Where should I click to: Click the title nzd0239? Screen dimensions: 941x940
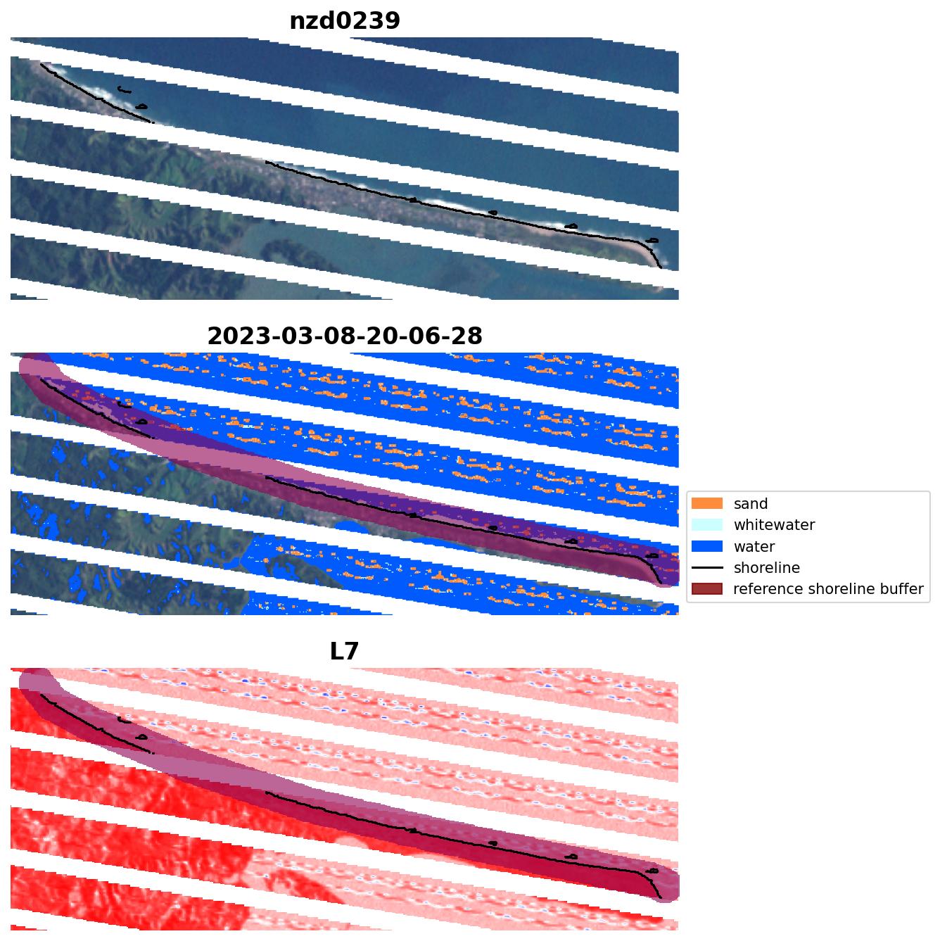(x=345, y=21)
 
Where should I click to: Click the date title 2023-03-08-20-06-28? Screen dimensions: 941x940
(x=345, y=336)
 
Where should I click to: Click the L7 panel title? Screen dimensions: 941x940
(x=345, y=652)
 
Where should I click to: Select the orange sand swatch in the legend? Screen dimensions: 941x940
(x=707, y=504)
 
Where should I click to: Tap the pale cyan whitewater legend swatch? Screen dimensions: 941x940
(x=707, y=525)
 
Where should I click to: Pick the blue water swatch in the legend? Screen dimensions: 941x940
(x=707, y=547)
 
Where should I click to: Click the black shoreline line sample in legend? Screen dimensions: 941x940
(x=707, y=568)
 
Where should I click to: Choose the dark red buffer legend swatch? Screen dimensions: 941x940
(x=707, y=589)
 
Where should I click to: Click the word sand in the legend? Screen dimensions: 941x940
(x=750, y=504)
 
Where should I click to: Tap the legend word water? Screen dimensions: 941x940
(x=754, y=547)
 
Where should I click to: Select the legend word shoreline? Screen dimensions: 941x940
(x=766, y=568)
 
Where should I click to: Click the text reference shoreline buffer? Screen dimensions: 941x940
(x=828, y=589)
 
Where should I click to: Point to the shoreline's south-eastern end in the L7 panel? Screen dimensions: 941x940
(x=661, y=898)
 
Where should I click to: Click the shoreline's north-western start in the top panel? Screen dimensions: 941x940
(x=42, y=65)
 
